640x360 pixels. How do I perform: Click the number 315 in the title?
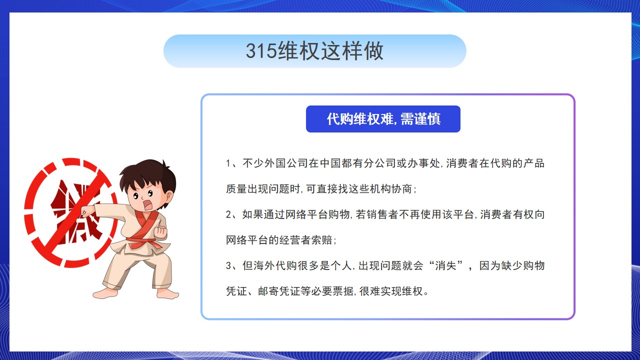coord(261,51)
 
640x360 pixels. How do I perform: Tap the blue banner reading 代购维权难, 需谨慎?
coord(383,119)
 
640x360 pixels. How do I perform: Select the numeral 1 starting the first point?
coord(228,163)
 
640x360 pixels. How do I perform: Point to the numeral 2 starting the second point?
coord(228,214)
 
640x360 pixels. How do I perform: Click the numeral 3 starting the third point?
coord(228,265)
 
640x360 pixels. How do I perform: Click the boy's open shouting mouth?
coord(147,204)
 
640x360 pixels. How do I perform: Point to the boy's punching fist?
coord(87,211)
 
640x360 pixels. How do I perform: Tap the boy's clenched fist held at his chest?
coord(160,232)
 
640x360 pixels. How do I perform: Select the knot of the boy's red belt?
coord(141,243)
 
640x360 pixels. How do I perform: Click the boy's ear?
coord(169,196)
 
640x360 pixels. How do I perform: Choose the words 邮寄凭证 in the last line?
coord(279,291)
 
